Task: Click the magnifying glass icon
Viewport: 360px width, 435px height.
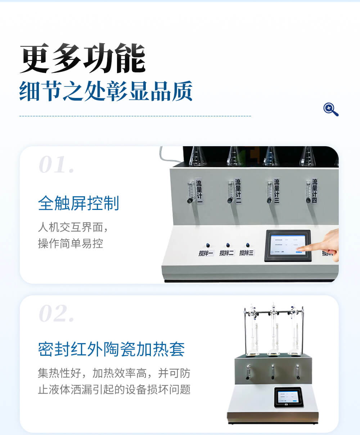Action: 331,109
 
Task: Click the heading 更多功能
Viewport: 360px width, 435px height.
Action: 82,59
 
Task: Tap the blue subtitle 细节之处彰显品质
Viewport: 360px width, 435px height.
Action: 106,91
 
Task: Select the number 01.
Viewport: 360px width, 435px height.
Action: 57,165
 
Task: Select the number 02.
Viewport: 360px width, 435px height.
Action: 57,314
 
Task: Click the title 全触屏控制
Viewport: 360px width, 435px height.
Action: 78,203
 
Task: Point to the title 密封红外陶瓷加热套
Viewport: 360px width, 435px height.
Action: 111,349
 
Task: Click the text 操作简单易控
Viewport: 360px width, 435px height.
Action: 71,243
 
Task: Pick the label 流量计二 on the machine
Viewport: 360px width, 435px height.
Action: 238,190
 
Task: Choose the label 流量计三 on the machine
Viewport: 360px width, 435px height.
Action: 276,190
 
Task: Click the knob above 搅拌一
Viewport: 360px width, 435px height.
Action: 208,246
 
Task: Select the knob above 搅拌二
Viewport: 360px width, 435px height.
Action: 228,246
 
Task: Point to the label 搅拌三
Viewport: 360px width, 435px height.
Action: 247,253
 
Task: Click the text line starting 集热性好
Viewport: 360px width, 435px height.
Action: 114,373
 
